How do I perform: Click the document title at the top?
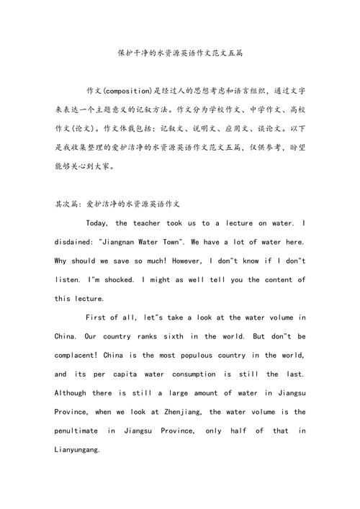pos(180,54)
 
